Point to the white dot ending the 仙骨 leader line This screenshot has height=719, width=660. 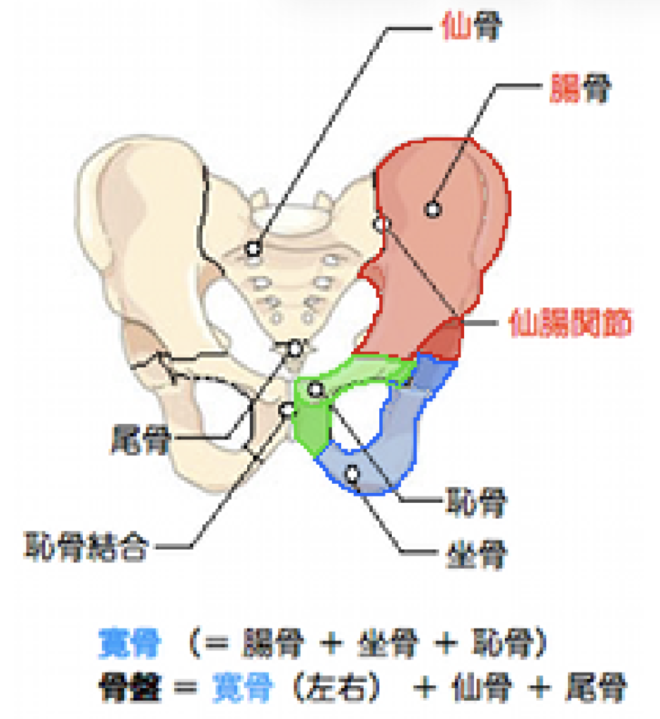pos(253,249)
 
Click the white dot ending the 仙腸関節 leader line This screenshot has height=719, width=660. pos(381,225)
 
